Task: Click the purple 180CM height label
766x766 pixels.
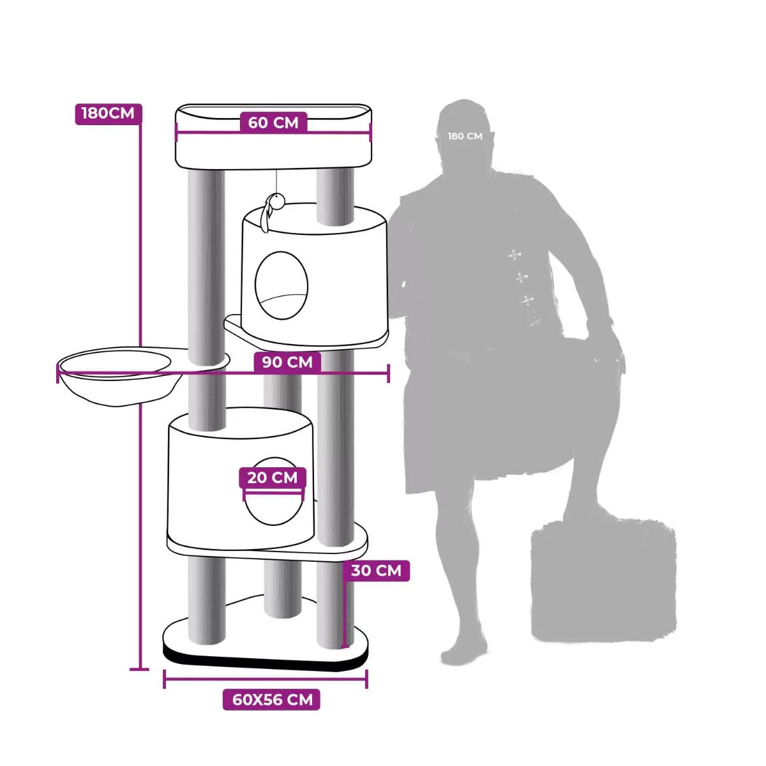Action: tap(108, 114)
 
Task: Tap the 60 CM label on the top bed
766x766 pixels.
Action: tap(273, 122)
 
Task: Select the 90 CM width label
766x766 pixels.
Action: tap(287, 362)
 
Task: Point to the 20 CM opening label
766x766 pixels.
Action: tap(273, 477)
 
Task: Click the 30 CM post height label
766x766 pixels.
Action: tap(376, 571)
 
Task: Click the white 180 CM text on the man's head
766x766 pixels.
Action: tap(465, 136)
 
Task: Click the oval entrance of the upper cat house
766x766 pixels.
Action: tap(282, 285)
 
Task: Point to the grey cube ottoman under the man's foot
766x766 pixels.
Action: tap(603, 581)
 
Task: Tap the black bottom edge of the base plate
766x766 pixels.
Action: tap(266, 662)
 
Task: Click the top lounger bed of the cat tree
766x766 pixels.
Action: tap(273, 136)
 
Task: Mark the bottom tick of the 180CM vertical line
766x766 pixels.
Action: tap(140, 670)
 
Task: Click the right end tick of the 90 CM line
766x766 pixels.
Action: tap(388, 373)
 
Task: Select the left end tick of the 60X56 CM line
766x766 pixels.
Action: tap(164, 679)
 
